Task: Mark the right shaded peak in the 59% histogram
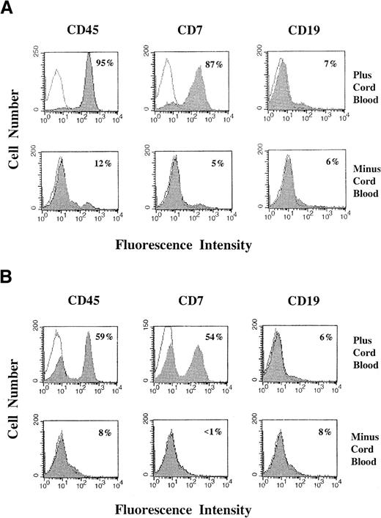(x=90, y=359)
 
